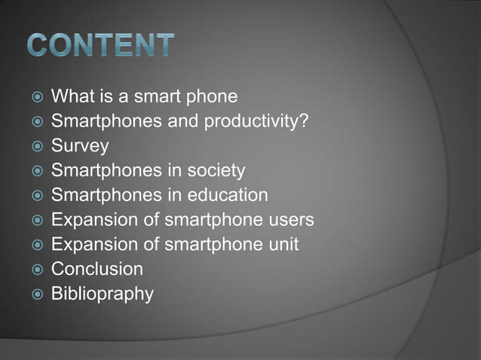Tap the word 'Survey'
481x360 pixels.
80,146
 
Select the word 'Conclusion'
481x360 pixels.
97,269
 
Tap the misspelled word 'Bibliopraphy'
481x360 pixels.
102,294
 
